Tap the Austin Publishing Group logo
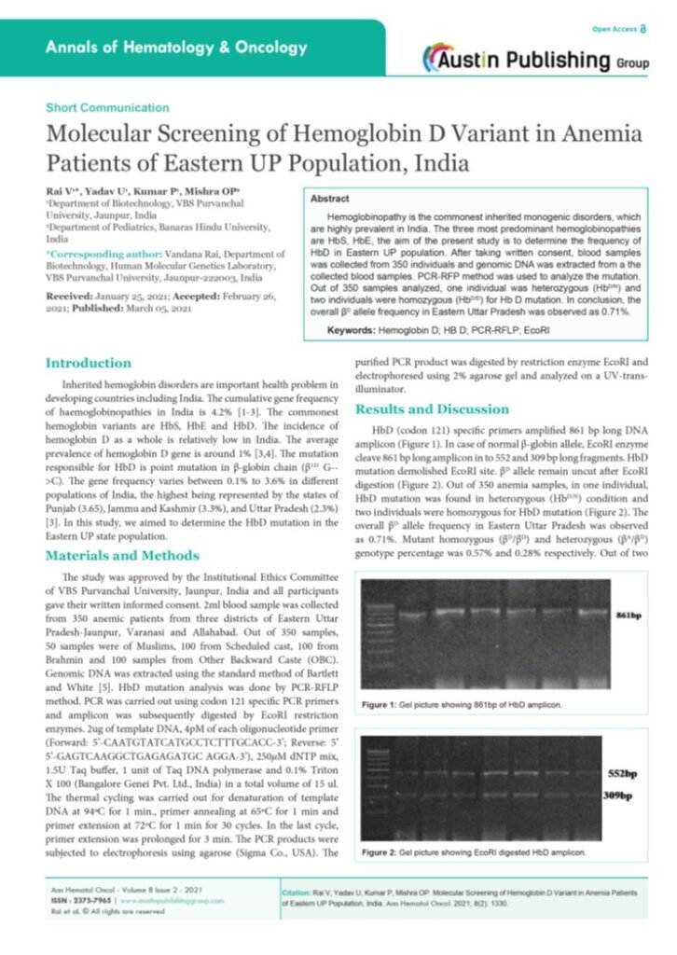coord(532,60)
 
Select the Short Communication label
coord(107,108)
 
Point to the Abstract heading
coord(331,199)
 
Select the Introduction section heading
coord(89,363)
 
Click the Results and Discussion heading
coord(432,409)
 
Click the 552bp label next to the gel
coord(622,773)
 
